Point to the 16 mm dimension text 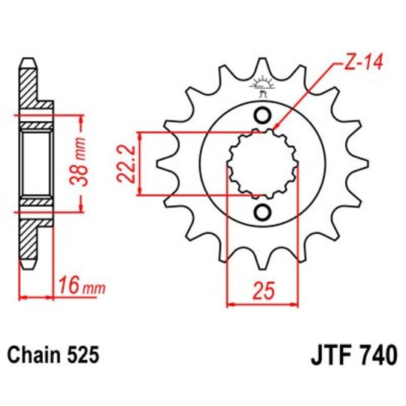[80, 286]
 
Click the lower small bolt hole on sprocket [262, 211]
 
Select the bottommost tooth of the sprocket [262, 265]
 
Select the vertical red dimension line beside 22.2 [138, 163]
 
